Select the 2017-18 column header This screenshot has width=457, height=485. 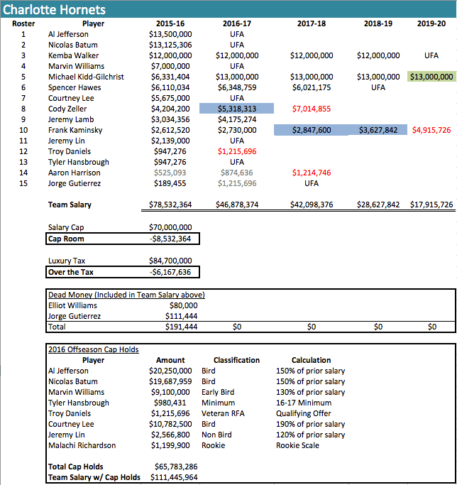[x=311, y=23]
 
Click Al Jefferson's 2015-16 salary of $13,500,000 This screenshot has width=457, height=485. [x=170, y=33]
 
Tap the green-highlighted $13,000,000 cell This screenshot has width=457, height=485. [x=431, y=77]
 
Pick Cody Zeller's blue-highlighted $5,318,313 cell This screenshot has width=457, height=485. [x=236, y=109]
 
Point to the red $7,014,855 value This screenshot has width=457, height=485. [x=311, y=109]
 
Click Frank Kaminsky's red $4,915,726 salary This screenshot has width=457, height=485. [x=431, y=130]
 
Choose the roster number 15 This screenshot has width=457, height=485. [x=23, y=183]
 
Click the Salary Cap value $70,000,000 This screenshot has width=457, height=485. [x=170, y=227]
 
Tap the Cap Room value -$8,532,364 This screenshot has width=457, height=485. [x=170, y=239]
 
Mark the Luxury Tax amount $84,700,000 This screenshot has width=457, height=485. [x=170, y=261]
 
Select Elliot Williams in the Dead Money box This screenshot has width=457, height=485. [x=72, y=305]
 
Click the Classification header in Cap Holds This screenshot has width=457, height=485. [x=236, y=360]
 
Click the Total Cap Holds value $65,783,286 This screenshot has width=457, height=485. [x=174, y=467]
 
